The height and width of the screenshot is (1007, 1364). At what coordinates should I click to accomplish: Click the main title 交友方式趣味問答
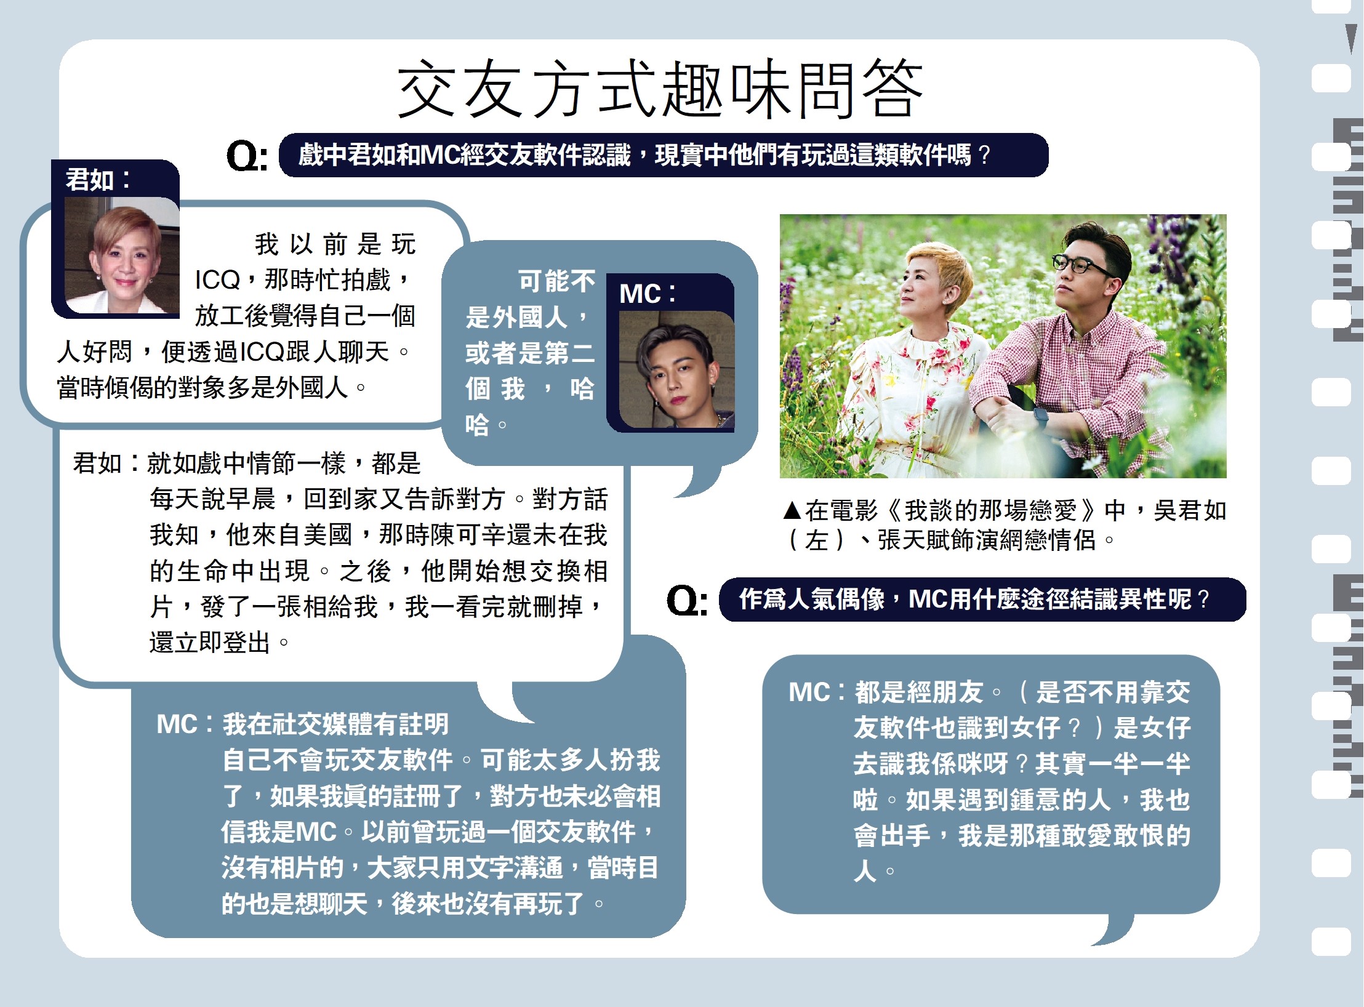(x=660, y=89)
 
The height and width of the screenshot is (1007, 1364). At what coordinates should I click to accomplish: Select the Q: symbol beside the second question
(x=687, y=600)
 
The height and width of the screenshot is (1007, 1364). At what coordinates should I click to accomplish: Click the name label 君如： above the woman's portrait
(x=98, y=180)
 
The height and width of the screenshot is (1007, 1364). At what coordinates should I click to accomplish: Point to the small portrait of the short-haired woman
(x=122, y=255)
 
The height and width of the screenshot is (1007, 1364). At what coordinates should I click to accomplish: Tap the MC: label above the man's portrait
(x=647, y=294)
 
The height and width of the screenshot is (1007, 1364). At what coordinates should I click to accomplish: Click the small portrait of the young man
(x=676, y=369)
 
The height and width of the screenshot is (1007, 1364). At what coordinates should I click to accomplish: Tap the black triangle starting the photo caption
(x=792, y=510)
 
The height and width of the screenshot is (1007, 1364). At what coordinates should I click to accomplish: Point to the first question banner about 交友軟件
(x=663, y=155)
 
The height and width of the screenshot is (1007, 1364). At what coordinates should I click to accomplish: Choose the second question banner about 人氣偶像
(x=982, y=600)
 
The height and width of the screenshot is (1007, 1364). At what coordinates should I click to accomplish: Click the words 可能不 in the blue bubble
(x=556, y=281)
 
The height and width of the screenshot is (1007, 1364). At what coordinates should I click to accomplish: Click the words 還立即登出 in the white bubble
(x=210, y=643)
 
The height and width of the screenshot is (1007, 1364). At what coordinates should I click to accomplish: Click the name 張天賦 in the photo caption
(x=914, y=540)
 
